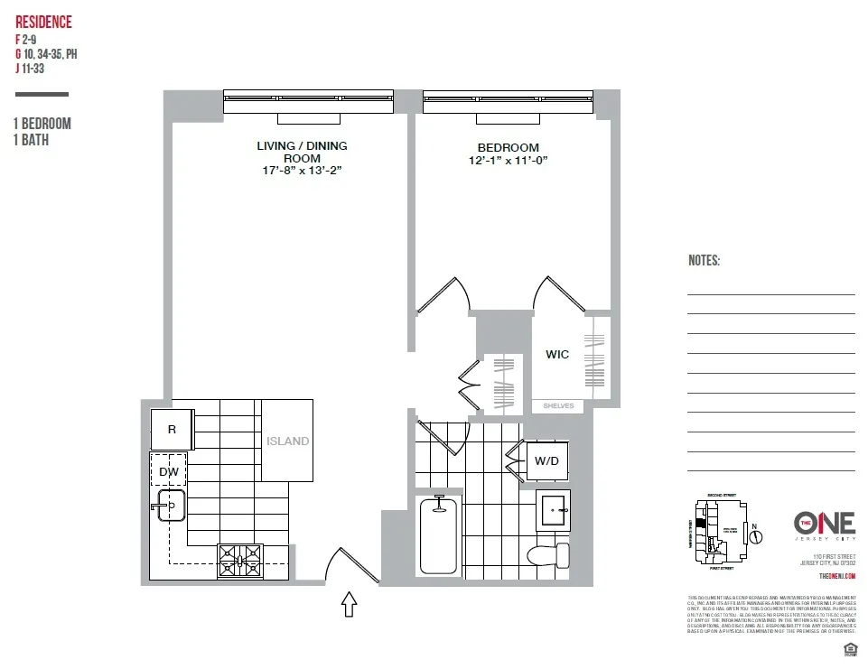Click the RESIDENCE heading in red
(x=43, y=23)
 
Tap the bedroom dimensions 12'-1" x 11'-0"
(x=508, y=161)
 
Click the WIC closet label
(x=557, y=355)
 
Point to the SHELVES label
(x=558, y=406)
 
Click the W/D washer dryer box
(x=546, y=460)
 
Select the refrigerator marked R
(x=172, y=430)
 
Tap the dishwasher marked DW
(x=169, y=471)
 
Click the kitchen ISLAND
(x=287, y=441)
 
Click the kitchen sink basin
(x=171, y=508)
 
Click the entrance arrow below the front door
(x=350, y=603)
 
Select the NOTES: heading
(x=705, y=261)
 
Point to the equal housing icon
(x=848, y=650)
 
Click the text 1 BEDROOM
(x=42, y=124)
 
